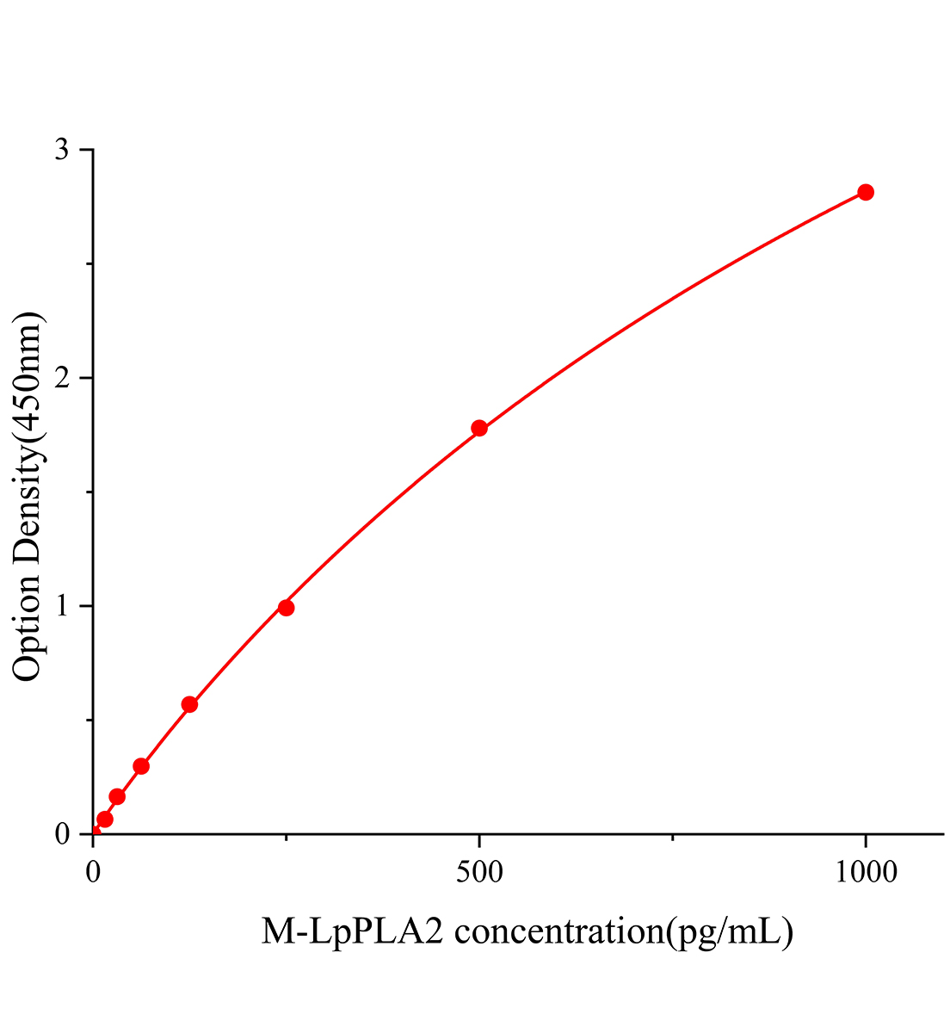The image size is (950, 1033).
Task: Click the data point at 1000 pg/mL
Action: point(866,192)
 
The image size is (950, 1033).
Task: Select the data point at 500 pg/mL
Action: point(479,428)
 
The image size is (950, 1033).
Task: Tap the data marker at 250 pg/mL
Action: point(287,608)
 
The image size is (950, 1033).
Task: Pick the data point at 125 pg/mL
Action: point(189,704)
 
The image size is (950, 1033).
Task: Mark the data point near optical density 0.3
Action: point(141,766)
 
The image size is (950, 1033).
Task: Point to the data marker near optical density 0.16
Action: point(117,797)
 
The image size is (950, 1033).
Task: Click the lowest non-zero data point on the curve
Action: point(105,819)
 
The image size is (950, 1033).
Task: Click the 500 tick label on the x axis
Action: point(479,873)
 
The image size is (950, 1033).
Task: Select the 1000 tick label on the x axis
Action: point(866,873)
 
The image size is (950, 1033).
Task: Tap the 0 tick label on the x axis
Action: point(93,873)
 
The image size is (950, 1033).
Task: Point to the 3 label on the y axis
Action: point(62,151)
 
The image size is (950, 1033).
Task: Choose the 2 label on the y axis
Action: point(62,379)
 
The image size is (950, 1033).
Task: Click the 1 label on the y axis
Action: point(62,606)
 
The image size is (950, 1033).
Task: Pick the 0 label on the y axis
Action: point(62,834)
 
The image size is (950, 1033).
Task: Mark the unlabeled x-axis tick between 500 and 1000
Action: point(672,836)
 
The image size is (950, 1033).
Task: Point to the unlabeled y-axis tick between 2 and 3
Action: point(89,264)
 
